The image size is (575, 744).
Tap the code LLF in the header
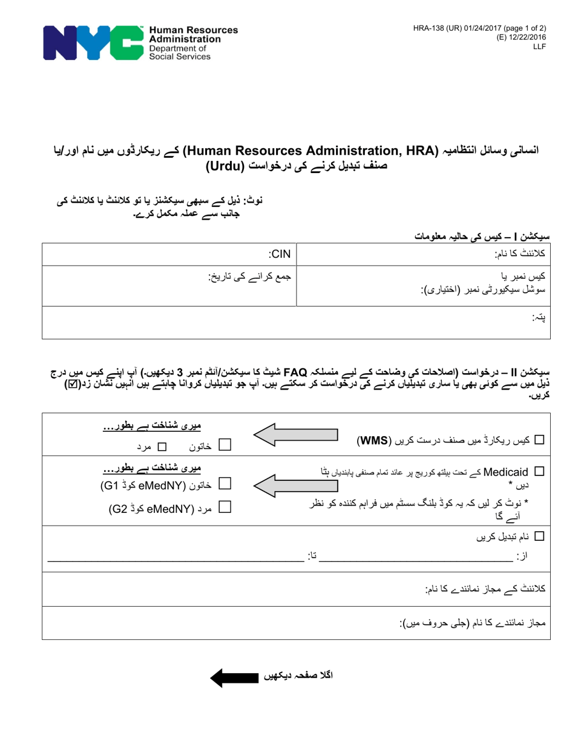[x=539, y=46]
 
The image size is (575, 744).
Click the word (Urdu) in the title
[x=233, y=165]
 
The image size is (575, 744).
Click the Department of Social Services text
[x=180, y=52]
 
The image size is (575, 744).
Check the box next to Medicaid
[x=540, y=471]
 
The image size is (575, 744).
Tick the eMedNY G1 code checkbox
[x=225, y=484]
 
